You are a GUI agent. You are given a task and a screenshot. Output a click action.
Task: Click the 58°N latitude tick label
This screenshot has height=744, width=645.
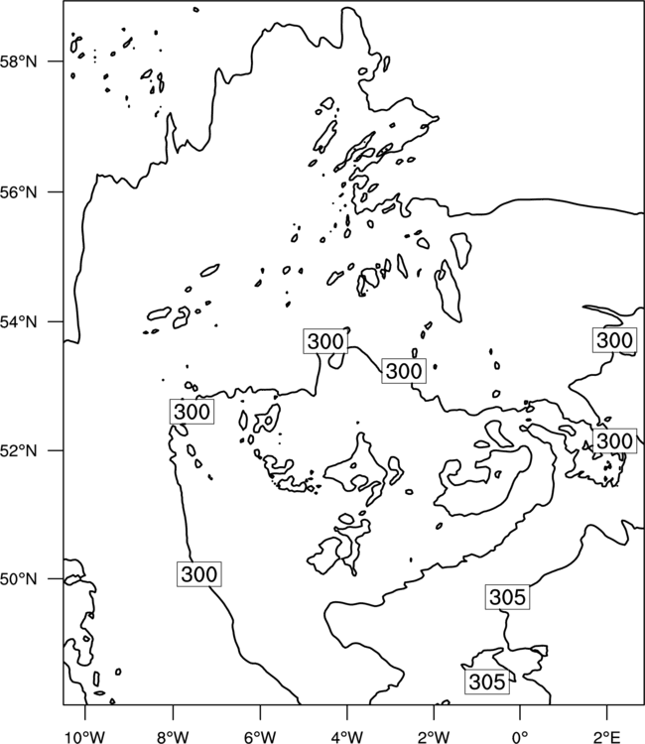pos(19,62)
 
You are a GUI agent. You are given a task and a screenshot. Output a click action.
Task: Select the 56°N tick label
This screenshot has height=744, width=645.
pos(19,192)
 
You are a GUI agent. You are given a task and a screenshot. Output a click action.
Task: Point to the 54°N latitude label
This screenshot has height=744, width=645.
pos(19,322)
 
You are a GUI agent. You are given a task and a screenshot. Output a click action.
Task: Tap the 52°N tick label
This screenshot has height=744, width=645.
pos(19,450)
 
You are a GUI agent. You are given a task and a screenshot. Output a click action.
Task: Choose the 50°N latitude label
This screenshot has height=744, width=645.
pos(19,579)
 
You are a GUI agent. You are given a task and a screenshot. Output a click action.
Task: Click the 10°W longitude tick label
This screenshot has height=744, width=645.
pos(85,737)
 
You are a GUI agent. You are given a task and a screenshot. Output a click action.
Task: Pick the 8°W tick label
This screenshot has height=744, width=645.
pos(173,737)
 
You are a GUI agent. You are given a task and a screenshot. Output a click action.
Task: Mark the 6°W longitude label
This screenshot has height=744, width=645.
pos(260,737)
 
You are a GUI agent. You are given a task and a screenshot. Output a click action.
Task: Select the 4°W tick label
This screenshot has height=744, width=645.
pos(347,737)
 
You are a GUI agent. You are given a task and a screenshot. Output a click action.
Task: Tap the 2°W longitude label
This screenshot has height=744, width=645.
pos(434,737)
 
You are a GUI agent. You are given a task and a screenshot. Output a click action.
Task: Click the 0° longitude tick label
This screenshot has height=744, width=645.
pos(520,737)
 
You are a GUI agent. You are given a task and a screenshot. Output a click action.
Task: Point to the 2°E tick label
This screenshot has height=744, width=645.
pos(607,737)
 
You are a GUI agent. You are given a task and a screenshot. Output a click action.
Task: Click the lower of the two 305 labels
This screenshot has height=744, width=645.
pos(487,682)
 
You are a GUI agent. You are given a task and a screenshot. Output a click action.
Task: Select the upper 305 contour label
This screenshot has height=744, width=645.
pos(507,597)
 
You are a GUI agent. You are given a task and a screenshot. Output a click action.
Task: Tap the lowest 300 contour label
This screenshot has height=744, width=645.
pos(198,574)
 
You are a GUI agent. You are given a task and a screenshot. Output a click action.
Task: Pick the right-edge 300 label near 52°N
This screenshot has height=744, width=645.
pos(614,440)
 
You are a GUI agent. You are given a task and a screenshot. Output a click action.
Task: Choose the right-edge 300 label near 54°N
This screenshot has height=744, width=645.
pos(614,340)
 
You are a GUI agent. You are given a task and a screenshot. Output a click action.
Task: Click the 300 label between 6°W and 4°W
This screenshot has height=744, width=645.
pos(325,341)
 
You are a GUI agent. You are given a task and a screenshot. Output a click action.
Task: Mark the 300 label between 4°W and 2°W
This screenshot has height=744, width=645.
pos(404,371)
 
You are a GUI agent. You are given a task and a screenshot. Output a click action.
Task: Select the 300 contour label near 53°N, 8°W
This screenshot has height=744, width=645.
pos(192,412)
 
